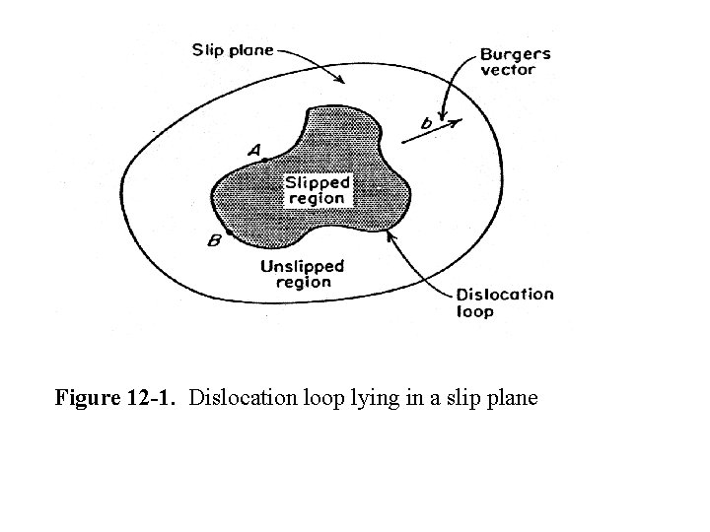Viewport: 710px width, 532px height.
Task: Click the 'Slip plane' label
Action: [233, 49]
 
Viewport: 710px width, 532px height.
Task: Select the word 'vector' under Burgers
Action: [507, 70]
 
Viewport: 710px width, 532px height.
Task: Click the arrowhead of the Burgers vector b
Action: [456, 122]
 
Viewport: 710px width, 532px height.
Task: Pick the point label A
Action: [254, 150]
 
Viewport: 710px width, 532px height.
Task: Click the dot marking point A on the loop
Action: [264, 160]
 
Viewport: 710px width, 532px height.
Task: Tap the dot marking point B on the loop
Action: [229, 234]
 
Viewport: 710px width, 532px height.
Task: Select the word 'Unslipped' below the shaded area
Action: [302, 266]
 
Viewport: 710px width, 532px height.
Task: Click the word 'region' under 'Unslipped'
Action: [303, 282]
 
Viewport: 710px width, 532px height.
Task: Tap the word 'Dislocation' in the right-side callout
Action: [505, 294]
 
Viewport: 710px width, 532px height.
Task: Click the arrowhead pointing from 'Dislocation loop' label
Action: [392, 234]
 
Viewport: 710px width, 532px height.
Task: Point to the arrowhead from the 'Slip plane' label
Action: [343, 80]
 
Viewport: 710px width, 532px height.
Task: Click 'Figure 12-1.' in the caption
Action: [117, 399]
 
